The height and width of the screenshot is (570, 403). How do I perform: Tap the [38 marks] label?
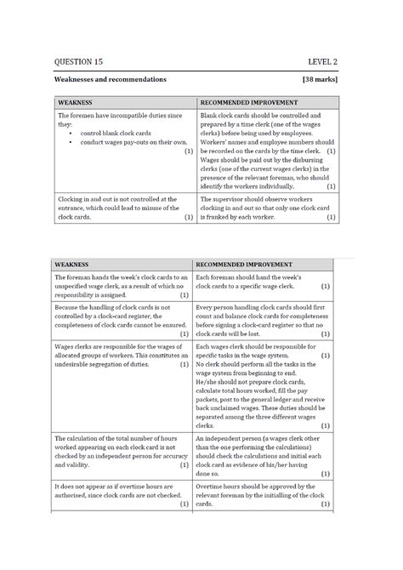tap(321, 79)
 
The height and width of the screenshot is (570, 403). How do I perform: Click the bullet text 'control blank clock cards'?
tap(116, 134)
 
